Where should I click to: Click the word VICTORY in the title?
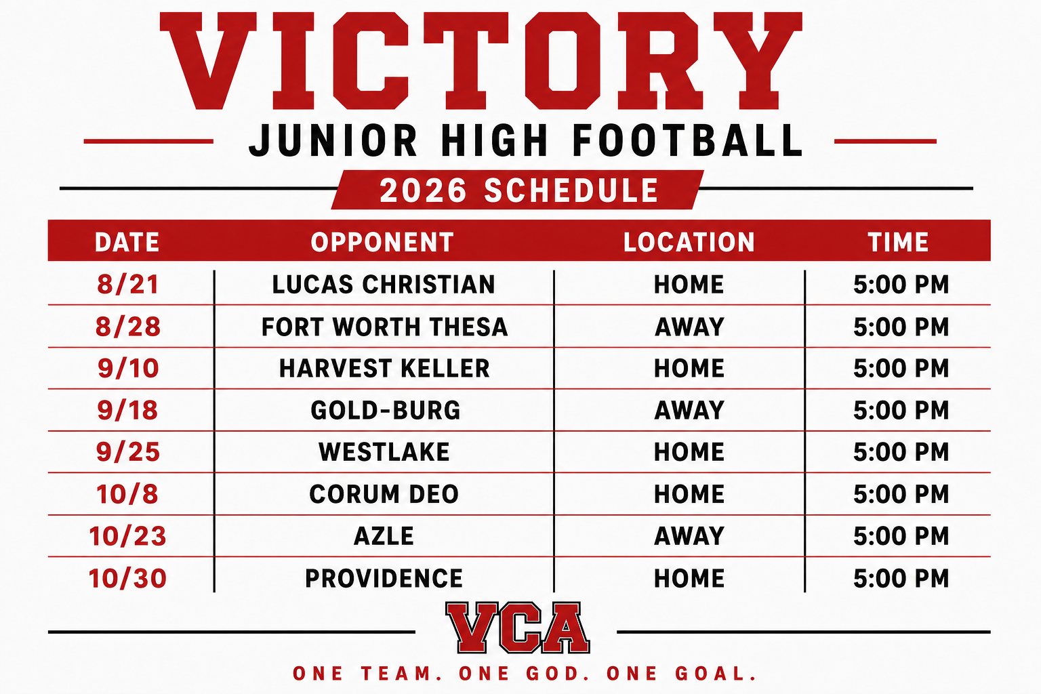(x=481, y=61)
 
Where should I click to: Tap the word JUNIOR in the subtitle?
(x=333, y=140)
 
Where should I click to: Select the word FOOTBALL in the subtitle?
(x=687, y=140)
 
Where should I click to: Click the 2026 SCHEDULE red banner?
(x=517, y=190)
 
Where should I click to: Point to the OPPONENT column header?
(x=382, y=242)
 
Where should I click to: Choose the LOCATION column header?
(x=689, y=242)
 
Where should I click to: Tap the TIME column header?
(x=898, y=242)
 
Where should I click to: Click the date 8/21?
(x=128, y=284)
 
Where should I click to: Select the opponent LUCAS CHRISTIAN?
(x=384, y=285)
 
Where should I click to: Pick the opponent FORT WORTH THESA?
(x=384, y=327)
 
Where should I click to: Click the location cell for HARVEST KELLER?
(x=689, y=368)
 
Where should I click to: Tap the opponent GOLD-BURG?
(x=385, y=410)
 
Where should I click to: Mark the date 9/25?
(x=128, y=452)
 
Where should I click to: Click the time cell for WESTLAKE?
(x=901, y=452)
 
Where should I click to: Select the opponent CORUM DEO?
(x=384, y=493)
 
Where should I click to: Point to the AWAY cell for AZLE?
(x=689, y=536)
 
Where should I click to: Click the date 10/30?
(x=127, y=578)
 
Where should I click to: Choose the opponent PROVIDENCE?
(x=384, y=578)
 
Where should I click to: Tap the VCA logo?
(x=517, y=628)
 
